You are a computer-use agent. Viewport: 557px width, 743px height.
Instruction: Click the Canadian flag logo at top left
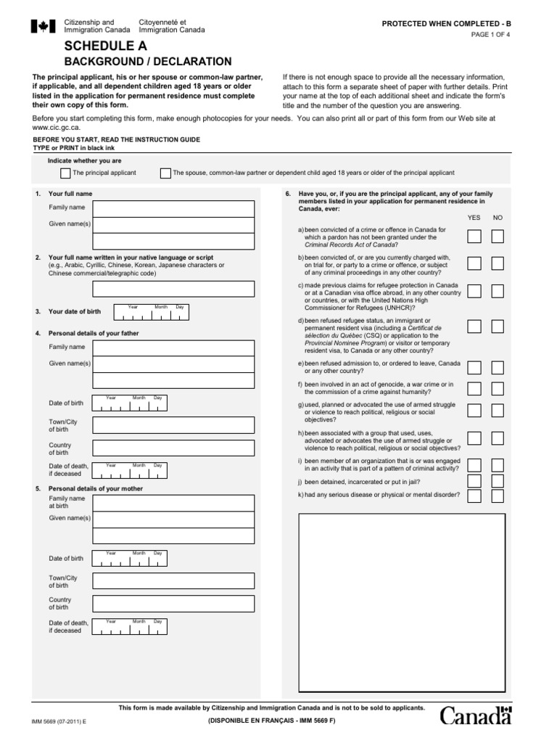(43, 27)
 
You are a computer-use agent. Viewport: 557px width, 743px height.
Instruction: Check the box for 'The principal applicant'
(65, 173)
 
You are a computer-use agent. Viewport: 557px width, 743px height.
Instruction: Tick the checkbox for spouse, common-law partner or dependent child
(166, 173)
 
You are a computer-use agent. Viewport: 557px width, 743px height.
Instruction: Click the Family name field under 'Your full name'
(173, 208)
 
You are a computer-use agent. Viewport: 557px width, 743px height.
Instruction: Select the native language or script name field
(173, 289)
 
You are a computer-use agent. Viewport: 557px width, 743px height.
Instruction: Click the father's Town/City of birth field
(173, 425)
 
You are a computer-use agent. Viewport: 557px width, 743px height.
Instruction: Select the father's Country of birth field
(173, 448)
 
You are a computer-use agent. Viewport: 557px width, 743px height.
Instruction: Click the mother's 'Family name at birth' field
(173, 503)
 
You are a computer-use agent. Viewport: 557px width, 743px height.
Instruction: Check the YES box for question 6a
(474, 237)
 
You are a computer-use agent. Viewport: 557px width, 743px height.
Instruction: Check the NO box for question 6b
(498, 263)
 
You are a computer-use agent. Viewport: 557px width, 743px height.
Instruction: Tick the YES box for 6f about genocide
(474, 388)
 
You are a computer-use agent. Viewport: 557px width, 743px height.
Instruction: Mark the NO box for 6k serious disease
(498, 496)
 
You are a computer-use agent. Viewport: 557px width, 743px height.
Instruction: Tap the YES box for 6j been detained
(474, 481)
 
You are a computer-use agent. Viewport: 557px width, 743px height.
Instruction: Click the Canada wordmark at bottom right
(476, 716)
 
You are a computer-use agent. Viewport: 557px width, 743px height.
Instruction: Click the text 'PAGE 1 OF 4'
(490, 34)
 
